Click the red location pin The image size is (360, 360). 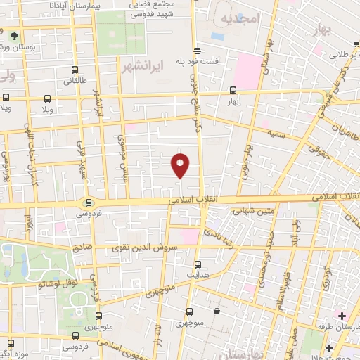point(181,165)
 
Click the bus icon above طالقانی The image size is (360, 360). point(75,70)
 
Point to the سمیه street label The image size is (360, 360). point(276,132)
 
